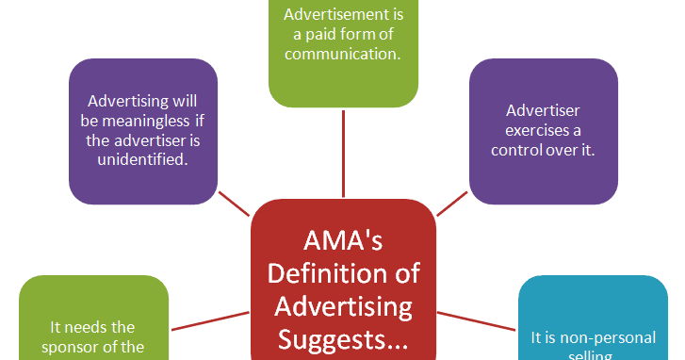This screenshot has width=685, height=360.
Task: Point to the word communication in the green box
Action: coord(343,54)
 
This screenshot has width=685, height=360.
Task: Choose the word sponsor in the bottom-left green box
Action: coord(77,346)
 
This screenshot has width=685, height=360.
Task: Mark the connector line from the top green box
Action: coord(342,152)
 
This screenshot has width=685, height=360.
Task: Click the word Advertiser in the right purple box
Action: coord(545,109)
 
